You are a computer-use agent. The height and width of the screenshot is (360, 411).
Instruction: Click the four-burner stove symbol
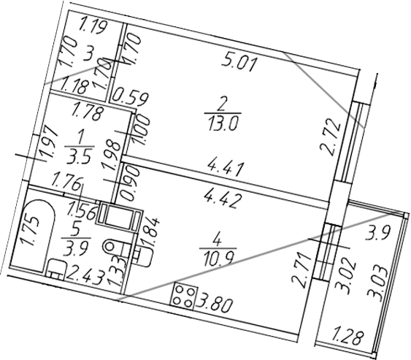click(185, 296)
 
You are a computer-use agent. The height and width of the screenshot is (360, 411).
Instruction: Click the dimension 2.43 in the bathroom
click(80, 274)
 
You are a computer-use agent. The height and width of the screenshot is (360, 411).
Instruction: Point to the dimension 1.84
click(155, 228)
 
